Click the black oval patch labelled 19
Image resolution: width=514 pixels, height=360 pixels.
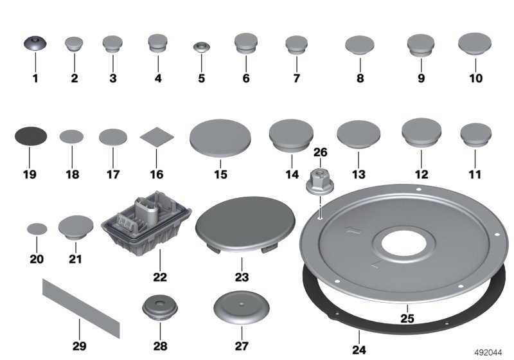(x=30, y=136)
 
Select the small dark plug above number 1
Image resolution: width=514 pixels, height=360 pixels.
(x=35, y=44)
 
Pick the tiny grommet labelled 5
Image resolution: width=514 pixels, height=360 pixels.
(x=202, y=47)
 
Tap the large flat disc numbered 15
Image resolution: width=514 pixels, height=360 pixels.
(x=220, y=138)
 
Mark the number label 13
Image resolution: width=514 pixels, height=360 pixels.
(x=359, y=174)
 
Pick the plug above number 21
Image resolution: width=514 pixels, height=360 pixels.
(x=76, y=226)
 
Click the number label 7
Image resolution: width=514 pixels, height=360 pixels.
(x=296, y=79)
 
